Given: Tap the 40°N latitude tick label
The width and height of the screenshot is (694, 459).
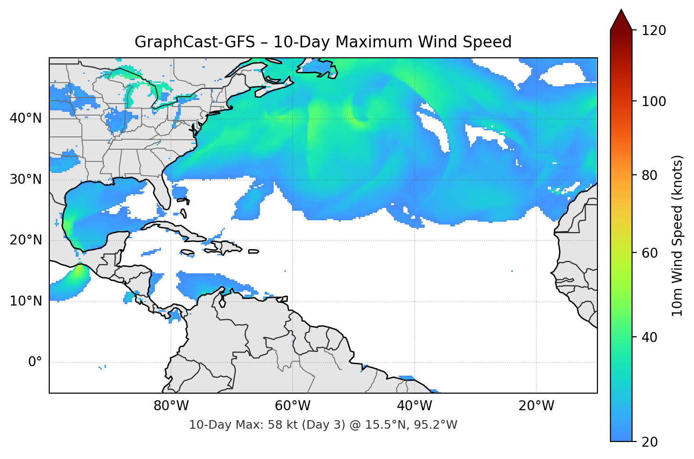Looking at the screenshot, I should point(26,118).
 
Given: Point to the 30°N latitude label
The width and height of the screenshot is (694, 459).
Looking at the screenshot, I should point(26,180).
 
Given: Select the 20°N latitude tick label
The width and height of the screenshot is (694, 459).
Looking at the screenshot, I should point(26,240).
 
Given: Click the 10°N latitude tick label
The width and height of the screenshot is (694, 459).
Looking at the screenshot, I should point(26,301).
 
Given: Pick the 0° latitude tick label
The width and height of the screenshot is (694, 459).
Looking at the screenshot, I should point(35,362).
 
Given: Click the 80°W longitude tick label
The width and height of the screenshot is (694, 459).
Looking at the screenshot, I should point(171,406).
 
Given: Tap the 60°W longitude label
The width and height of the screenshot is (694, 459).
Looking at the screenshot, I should point(293,406).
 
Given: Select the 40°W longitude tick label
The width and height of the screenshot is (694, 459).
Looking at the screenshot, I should point(414,406).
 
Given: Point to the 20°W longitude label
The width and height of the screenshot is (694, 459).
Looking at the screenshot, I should point(536,406).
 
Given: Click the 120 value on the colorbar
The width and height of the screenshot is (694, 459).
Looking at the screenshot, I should point(654,31).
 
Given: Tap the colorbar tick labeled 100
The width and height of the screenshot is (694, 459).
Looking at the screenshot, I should point(654,101).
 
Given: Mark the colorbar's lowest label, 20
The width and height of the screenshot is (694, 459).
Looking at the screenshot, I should point(649,441).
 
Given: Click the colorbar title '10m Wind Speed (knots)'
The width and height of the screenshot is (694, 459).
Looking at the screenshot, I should point(677,235).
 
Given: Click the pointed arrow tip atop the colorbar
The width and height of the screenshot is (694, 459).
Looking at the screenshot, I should point(621,12).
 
